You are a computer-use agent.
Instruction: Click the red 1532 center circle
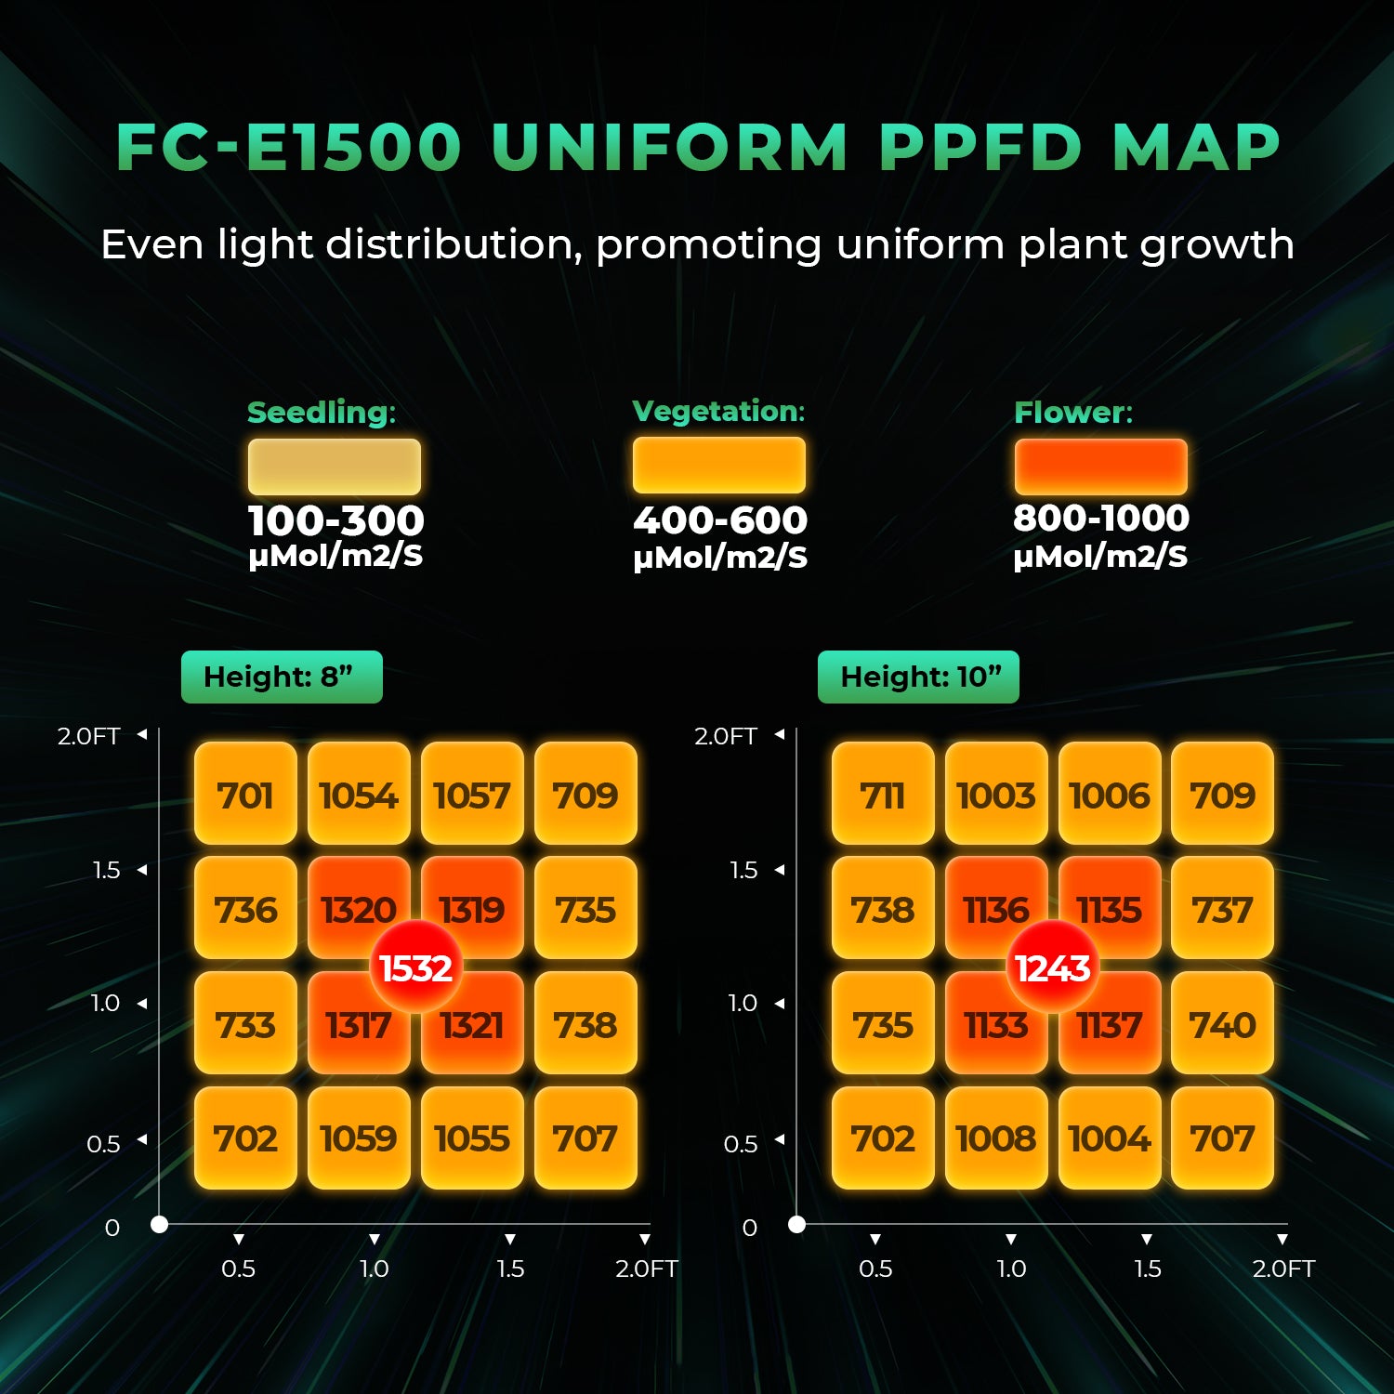tap(415, 968)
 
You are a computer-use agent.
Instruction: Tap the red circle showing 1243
tap(1052, 968)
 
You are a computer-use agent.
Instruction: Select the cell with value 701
tap(245, 794)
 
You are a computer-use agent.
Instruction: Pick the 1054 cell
tap(359, 794)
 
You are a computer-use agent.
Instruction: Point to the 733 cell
tap(245, 1024)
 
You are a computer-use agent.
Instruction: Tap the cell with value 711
tap(883, 794)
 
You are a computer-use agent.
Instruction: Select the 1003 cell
tap(996, 794)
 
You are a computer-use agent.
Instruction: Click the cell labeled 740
tap(1222, 1024)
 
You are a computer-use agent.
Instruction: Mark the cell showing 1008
tap(996, 1138)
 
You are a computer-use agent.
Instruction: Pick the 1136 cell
tap(991, 897)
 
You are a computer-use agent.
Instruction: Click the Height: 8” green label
tap(282, 677)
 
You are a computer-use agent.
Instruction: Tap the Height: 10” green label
tap(918, 677)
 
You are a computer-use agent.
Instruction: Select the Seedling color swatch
tap(335, 467)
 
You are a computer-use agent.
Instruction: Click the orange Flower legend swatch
tap(1100, 467)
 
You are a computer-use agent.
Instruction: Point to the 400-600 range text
tap(720, 519)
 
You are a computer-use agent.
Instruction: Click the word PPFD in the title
tap(980, 148)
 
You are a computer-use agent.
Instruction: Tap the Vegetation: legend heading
tap(718, 411)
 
